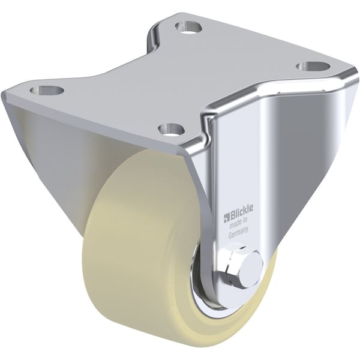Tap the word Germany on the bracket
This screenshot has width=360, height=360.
coord(240,236)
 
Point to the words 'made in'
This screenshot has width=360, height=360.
coord(240,227)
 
